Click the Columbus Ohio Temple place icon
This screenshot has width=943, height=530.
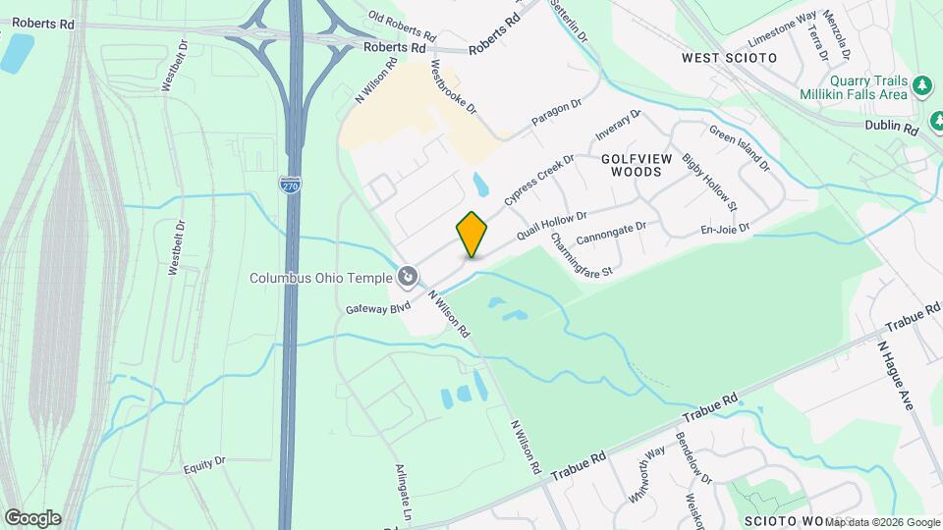pyautogui.click(x=408, y=278)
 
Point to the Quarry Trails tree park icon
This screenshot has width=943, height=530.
pyautogui.click(x=922, y=87)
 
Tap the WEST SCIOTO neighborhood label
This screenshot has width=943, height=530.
pyautogui.click(x=729, y=58)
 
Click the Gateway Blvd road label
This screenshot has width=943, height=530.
pyautogui.click(x=377, y=307)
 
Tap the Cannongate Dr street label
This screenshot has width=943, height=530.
pyautogui.click(x=611, y=232)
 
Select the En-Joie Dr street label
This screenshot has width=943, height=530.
pyautogui.click(x=725, y=230)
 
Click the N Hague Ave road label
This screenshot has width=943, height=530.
pyautogui.click(x=899, y=377)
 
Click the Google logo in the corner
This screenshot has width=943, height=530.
pyautogui.click(x=32, y=518)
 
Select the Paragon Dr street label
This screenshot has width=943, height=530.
pyautogui.click(x=558, y=112)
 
